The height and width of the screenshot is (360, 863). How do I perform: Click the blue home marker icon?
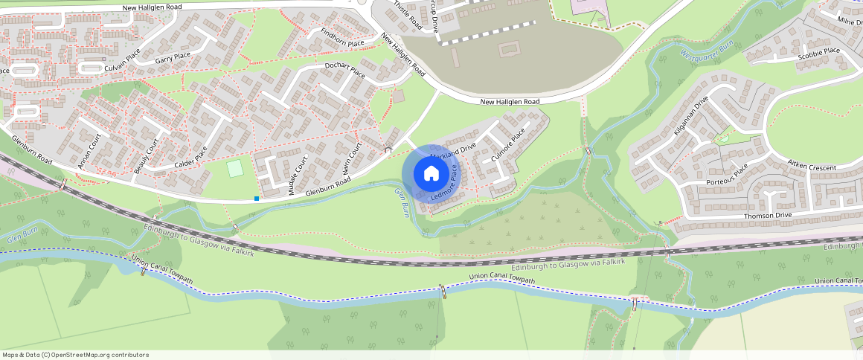431,174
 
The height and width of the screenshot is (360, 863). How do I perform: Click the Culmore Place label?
508,146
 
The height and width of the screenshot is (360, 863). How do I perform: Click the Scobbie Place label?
818,55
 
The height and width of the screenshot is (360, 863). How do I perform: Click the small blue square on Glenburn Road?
257,198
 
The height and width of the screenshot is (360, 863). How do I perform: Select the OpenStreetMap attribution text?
75,355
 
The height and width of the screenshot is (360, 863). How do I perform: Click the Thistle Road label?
407,16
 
